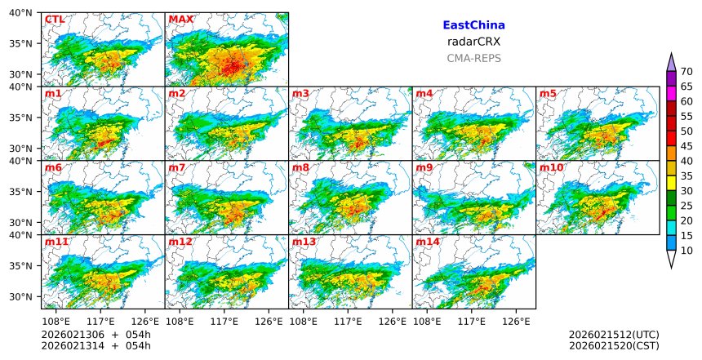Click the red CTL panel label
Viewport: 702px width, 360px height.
pyautogui.click(x=55, y=20)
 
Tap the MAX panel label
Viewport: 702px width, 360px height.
pyautogui.click(x=181, y=20)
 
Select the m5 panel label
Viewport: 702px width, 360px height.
pyautogui.click(x=548, y=94)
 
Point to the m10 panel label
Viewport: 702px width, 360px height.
pyautogui.click(x=551, y=168)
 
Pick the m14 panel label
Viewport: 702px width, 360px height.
pyautogui.click(x=428, y=242)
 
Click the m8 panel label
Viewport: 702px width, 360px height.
pyautogui.click(x=300, y=168)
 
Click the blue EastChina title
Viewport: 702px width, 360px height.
pyautogui.click(x=473, y=25)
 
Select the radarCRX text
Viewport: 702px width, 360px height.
pyautogui.click(x=473, y=42)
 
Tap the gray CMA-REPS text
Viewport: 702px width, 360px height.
pyautogui.click(x=473, y=58)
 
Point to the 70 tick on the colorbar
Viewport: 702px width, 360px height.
pyautogui.click(x=686, y=72)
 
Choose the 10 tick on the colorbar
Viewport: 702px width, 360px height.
pyautogui.click(x=686, y=251)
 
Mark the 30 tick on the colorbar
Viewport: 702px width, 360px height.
pyautogui.click(x=686, y=191)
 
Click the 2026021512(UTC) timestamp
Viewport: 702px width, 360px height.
pyautogui.click(x=614, y=335)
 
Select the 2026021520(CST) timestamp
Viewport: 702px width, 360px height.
pyautogui.click(x=614, y=345)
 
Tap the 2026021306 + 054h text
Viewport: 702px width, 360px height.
pyautogui.click(x=96, y=335)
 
